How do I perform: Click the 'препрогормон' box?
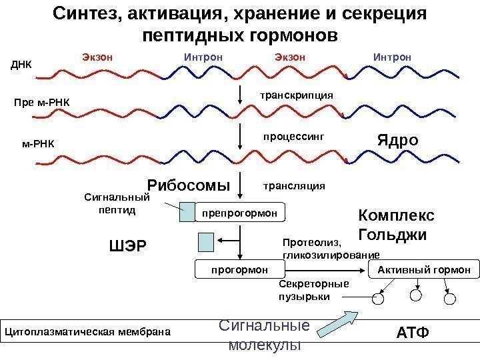point(239,213)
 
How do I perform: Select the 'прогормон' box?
point(239,269)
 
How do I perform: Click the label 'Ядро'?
point(397,141)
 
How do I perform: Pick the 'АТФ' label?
point(413,331)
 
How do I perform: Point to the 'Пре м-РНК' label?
point(41,103)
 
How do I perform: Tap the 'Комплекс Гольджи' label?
point(396,225)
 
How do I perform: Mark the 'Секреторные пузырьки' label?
point(313,291)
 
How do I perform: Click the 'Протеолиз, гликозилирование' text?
point(331,249)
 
